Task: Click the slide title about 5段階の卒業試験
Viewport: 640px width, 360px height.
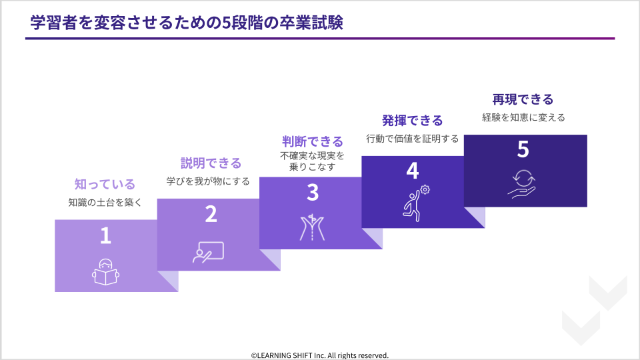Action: pos(187,23)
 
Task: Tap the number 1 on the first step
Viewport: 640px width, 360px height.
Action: pos(106,235)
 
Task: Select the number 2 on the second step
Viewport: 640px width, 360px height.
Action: pos(211,214)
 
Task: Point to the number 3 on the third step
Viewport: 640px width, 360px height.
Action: pos(313,192)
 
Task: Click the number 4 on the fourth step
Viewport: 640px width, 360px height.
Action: pos(413,171)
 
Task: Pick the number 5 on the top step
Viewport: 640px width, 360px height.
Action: pos(523,149)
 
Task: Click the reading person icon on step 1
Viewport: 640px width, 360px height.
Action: pos(106,272)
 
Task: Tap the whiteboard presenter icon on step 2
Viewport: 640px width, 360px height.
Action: pos(208,253)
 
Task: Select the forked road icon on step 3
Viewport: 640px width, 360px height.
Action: pos(312,227)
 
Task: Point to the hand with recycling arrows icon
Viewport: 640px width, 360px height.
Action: pos(522,184)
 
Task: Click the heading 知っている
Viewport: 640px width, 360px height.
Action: pos(105,185)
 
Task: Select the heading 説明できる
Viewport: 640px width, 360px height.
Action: pos(211,163)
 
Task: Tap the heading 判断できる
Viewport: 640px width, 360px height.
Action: pos(313,141)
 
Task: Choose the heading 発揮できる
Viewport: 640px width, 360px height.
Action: pos(412,121)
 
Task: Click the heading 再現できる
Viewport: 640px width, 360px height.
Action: pos(523,99)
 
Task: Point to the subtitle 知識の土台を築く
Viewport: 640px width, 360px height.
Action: pos(105,203)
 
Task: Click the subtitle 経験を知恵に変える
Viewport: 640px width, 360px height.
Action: pos(523,117)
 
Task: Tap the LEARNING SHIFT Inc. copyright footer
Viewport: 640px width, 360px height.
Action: pos(319,355)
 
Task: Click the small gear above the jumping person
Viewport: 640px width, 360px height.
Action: pos(425,189)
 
